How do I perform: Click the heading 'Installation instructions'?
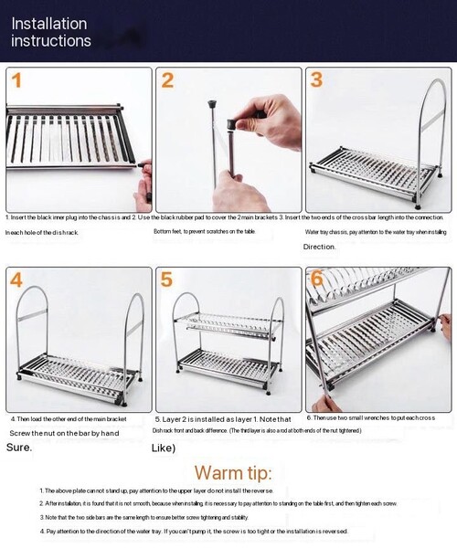click(x=51, y=32)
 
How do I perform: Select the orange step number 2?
click(x=167, y=80)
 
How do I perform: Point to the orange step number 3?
click(x=316, y=79)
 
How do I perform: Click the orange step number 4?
click(x=17, y=280)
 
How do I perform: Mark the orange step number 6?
click(x=316, y=279)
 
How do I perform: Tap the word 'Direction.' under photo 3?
click(x=320, y=247)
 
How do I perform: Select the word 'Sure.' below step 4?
click(x=19, y=448)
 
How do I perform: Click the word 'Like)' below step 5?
click(x=163, y=448)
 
